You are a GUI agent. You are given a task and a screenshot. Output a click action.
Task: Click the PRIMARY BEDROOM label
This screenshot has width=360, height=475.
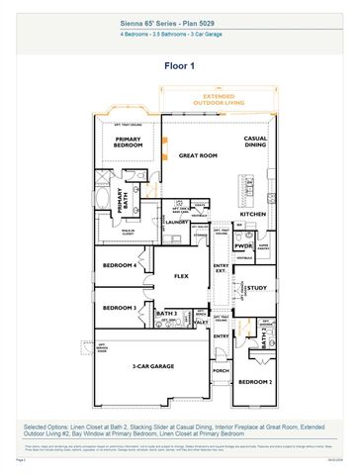point(129,142)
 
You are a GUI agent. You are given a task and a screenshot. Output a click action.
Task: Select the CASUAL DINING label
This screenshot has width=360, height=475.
point(256,142)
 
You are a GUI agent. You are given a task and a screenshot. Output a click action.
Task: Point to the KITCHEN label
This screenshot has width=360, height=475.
point(253,214)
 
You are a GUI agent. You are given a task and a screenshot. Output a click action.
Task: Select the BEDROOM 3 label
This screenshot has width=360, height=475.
point(120,308)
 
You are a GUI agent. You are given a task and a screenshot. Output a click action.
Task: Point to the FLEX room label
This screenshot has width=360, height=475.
point(182,276)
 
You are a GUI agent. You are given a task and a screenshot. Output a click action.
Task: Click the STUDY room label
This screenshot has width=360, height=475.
point(256,288)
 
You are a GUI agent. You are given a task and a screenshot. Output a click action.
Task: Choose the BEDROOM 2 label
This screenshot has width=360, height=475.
point(255,382)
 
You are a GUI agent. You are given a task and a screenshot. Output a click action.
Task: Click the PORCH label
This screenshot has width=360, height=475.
point(220,372)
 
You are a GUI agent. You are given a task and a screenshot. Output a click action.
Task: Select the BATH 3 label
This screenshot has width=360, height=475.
point(166,314)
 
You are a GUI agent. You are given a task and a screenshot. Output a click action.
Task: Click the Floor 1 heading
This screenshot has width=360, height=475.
point(180,65)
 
